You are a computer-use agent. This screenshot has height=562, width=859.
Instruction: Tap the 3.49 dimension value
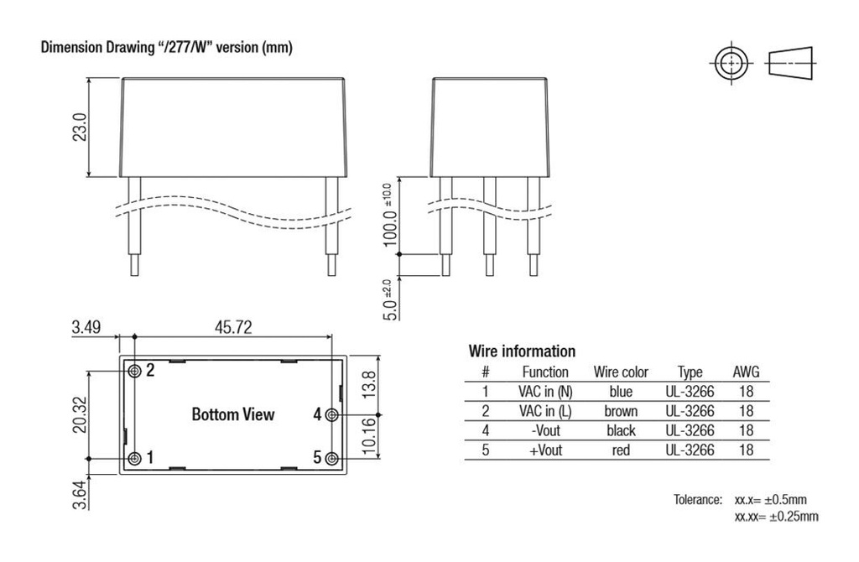[x=86, y=327]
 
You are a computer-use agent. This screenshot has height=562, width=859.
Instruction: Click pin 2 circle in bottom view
[x=134, y=371]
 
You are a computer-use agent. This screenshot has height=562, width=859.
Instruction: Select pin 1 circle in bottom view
[x=134, y=458]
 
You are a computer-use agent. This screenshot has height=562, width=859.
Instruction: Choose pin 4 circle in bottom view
[x=332, y=414]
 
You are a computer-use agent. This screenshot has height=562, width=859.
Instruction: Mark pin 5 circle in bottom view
[x=332, y=458]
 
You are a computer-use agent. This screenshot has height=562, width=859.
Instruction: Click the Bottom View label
[x=232, y=414]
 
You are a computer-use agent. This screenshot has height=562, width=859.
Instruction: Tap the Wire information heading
[x=521, y=351]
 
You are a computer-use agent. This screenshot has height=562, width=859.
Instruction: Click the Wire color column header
[x=621, y=372]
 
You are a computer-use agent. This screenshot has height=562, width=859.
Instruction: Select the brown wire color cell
[x=621, y=411]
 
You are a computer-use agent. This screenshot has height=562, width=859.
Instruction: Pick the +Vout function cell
[x=545, y=450]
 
